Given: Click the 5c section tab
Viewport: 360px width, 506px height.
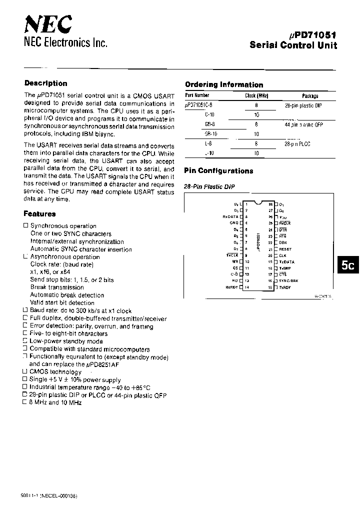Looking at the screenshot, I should click(x=347, y=265).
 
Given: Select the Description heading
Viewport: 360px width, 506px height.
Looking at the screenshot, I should click(x=45, y=83).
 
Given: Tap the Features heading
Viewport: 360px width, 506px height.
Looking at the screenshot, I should click(x=39, y=214).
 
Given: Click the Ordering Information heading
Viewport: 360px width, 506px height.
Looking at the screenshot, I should click(x=224, y=84).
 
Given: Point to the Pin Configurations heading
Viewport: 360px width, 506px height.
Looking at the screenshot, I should click(x=219, y=171).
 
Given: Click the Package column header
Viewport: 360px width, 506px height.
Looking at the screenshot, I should click(x=310, y=95).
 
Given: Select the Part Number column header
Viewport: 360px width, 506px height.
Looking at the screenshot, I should click(x=197, y=95).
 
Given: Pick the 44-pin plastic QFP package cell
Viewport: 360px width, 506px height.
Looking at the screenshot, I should click(x=303, y=124).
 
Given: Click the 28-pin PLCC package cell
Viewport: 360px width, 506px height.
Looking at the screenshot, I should click(x=297, y=144).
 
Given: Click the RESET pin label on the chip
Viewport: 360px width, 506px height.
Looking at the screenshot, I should click(x=285, y=249).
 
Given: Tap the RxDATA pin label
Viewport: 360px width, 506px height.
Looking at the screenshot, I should click(x=230, y=217).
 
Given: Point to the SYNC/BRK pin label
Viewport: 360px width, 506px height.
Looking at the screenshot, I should click(x=288, y=281).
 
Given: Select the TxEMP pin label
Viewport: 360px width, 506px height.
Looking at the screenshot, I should click(x=285, y=268).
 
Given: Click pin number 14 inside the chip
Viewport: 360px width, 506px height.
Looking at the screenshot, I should click(x=246, y=287).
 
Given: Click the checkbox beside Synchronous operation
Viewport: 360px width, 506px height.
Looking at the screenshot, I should click(x=26, y=226).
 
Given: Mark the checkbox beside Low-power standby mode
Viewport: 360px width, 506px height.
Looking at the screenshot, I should click(x=26, y=341).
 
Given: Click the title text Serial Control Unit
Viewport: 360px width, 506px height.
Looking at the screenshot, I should click(x=293, y=45).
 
